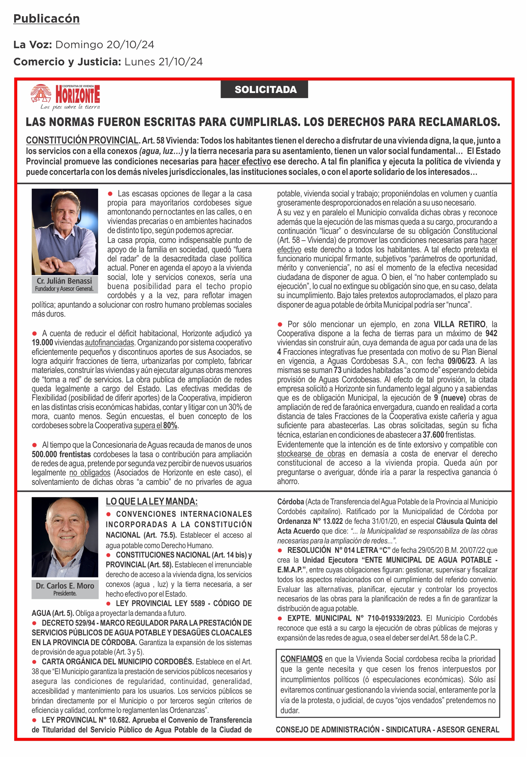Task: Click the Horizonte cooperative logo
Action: tap(65, 96)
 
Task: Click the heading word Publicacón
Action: tap(47, 19)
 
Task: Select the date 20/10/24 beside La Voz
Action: tap(130, 44)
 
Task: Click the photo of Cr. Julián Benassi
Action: tap(65, 232)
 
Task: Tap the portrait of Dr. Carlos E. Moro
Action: tap(65, 537)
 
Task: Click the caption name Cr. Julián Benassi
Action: tap(64, 281)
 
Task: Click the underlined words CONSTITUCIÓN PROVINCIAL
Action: tap(82, 140)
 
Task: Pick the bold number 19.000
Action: tap(42, 343)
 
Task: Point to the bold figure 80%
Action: tap(170, 425)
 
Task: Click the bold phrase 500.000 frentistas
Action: tap(61, 454)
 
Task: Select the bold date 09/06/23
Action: tap(462, 361)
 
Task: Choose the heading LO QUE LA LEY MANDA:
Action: tap(152, 502)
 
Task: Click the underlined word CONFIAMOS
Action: tap(301, 659)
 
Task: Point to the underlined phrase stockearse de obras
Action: tap(311, 454)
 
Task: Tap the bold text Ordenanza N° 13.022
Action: tap(310, 521)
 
